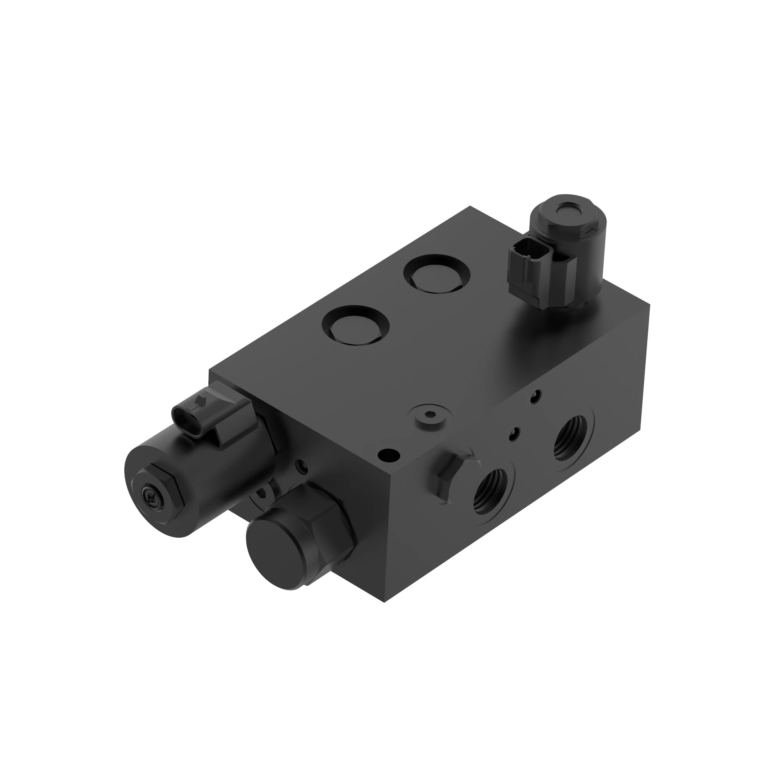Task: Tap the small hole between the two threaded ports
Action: click(515, 434)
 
